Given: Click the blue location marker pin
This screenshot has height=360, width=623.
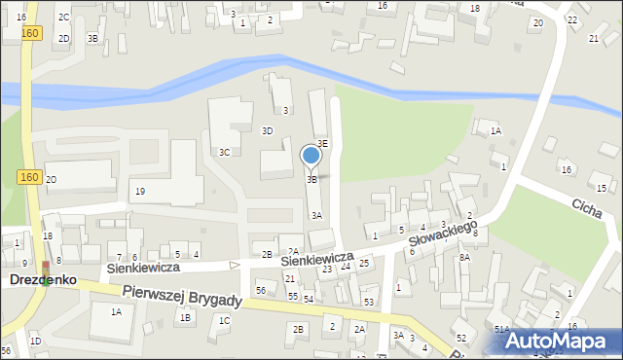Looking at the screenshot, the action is coord(311,156).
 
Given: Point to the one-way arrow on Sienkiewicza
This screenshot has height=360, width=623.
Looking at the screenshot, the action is coord(234,265).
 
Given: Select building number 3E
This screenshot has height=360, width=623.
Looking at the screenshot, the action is coord(322,143).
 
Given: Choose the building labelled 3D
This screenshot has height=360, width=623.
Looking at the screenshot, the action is coord(267,130).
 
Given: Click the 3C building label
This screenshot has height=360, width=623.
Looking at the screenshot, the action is coord(224,152).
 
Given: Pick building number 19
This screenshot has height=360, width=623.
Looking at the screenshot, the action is coord(140,191).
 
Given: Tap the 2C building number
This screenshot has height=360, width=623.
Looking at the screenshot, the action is coord(63,18).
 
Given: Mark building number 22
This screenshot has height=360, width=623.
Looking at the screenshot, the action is coord(571,19).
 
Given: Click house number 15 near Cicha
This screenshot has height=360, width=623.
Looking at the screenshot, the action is coord(603,187).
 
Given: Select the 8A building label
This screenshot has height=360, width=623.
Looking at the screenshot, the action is coord(464,257).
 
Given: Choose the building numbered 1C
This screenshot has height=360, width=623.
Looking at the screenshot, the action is coord(224,320).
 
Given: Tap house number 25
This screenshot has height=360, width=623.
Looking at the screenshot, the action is coord(363,263).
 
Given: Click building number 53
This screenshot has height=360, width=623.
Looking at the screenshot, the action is coord(369,302).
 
